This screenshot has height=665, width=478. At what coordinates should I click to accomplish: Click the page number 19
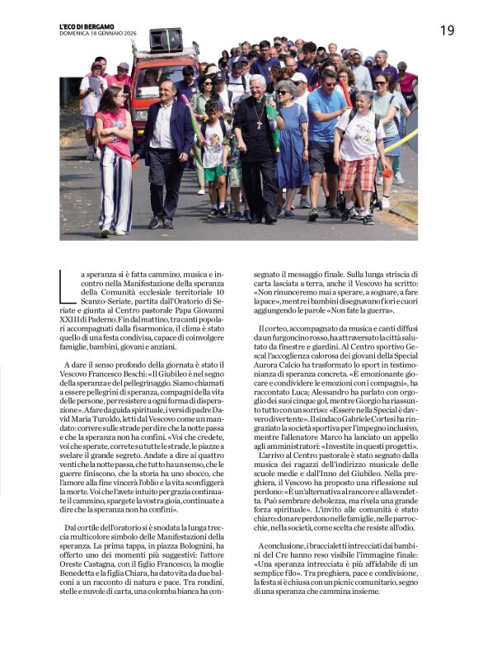447,31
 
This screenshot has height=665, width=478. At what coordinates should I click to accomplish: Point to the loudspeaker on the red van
166,40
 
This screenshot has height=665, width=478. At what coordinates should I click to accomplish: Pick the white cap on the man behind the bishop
299,78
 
